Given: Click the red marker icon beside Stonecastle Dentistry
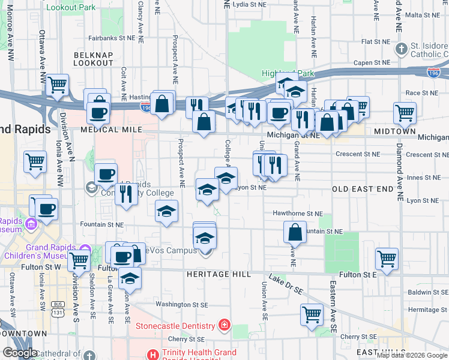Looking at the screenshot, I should tap(224, 326).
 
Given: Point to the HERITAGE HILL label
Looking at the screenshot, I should tap(200, 274).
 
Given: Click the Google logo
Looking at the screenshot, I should tap(20, 353).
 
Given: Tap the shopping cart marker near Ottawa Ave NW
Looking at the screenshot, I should tap(57, 85).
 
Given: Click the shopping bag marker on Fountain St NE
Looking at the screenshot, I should tap(295, 231).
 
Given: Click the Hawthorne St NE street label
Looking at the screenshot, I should tap(298, 213).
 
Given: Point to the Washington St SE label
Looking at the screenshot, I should tap(181, 304).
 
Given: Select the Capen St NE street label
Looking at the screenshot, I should tap(372, 62).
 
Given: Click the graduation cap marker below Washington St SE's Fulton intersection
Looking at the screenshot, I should tap(129, 278).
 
